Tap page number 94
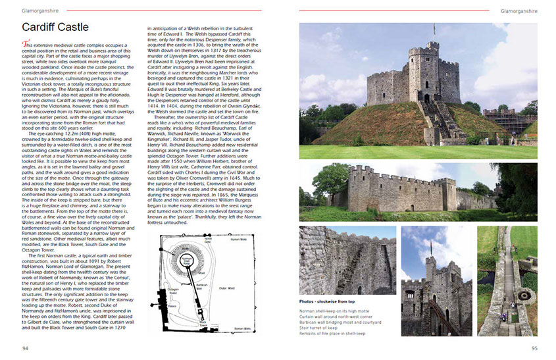(25, 348)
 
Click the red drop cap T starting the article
(25, 43)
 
